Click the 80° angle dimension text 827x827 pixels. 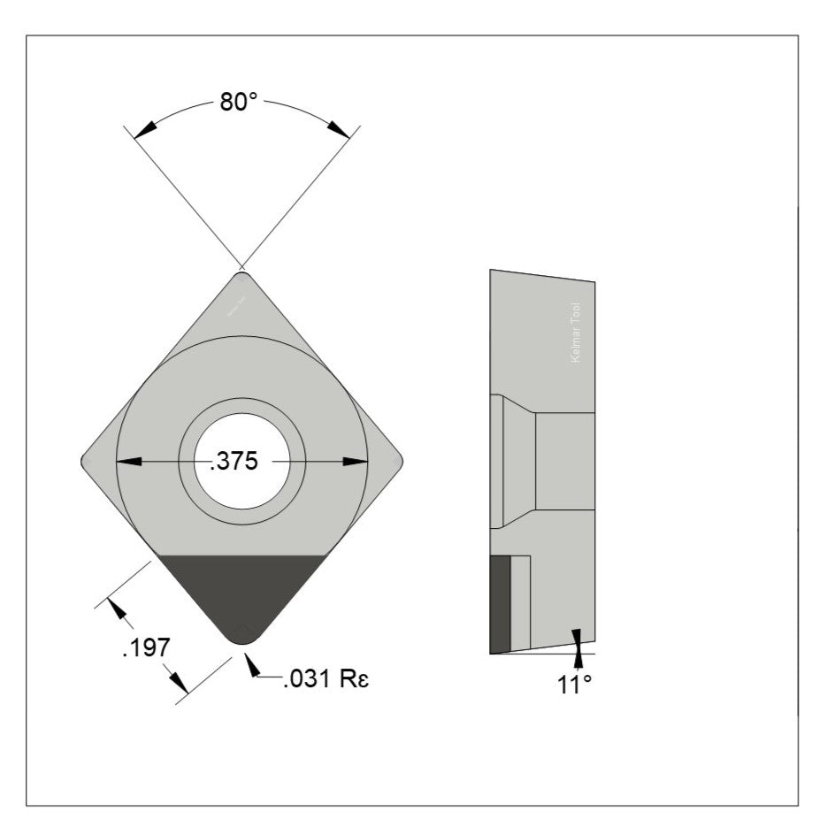click(239, 102)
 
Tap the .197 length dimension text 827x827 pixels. click(144, 647)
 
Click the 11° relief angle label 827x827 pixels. click(574, 684)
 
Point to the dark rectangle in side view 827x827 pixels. click(500, 603)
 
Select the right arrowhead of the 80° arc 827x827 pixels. click(338, 129)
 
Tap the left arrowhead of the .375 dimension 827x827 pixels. click(129, 461)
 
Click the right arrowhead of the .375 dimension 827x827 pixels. click(356, 461)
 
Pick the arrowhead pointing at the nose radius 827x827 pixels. click(250, 664)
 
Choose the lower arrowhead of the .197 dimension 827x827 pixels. click(178, 682)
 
